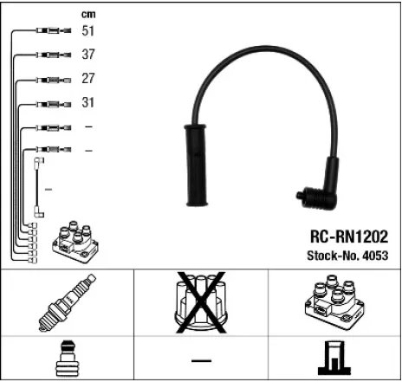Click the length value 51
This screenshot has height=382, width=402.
[x=88, y=31]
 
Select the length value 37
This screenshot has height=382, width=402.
[x=88, y=55]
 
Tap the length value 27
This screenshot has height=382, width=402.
[x=88, y=78]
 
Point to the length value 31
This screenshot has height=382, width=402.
[x=88, y=102]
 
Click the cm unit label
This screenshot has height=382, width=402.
[x=88, y=14]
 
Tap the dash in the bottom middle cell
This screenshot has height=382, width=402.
[x=201, y=359]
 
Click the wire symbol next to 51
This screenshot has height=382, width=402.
[x=49, y=31]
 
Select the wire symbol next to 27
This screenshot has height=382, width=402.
[x=49, y=79]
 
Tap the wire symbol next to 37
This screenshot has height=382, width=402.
[x=49, y=55]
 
